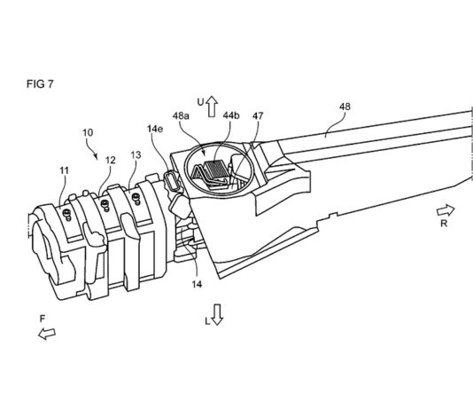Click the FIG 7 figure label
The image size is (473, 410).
click(x=40, y=83)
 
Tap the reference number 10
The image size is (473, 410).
click(x=88, y=132)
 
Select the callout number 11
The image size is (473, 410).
click(x=65, y=170)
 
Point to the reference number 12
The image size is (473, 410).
click(x=111, y=160)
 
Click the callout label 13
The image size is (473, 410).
click(x=136, y=155)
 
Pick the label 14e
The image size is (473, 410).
click(x=155, y=129)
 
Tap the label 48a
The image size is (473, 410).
click(x=181, y=115)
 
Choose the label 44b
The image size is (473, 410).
click(x=231, y=115)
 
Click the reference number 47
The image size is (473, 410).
click(x=258, y=115)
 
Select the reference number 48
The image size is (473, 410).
click(x=345, y=106)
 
